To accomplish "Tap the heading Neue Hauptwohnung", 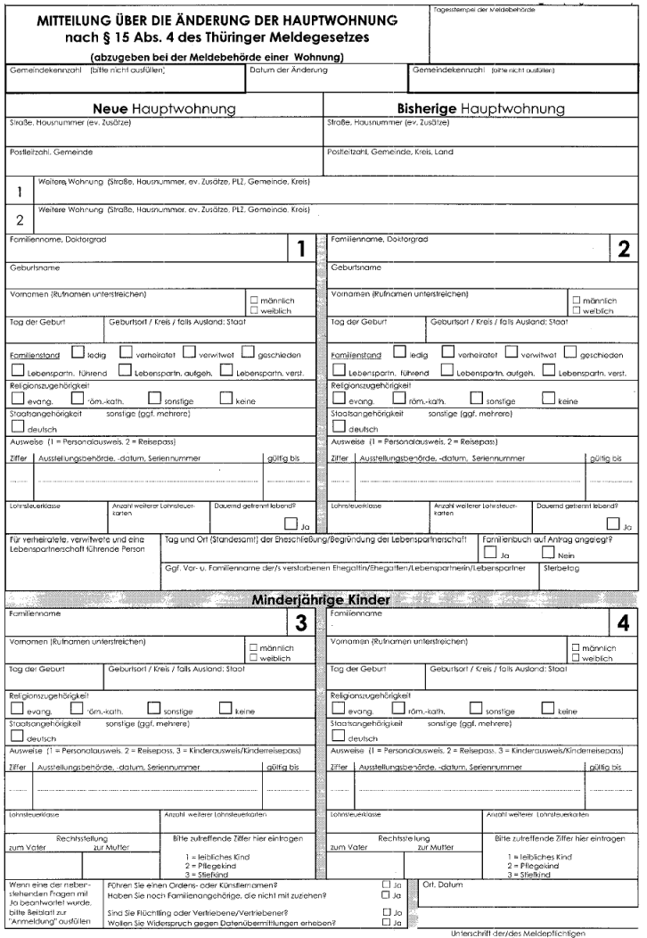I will pos(164,108).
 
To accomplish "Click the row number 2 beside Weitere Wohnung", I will pos(18,219).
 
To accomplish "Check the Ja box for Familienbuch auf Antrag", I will pos(488,554).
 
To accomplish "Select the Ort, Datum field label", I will pos(443,885).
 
